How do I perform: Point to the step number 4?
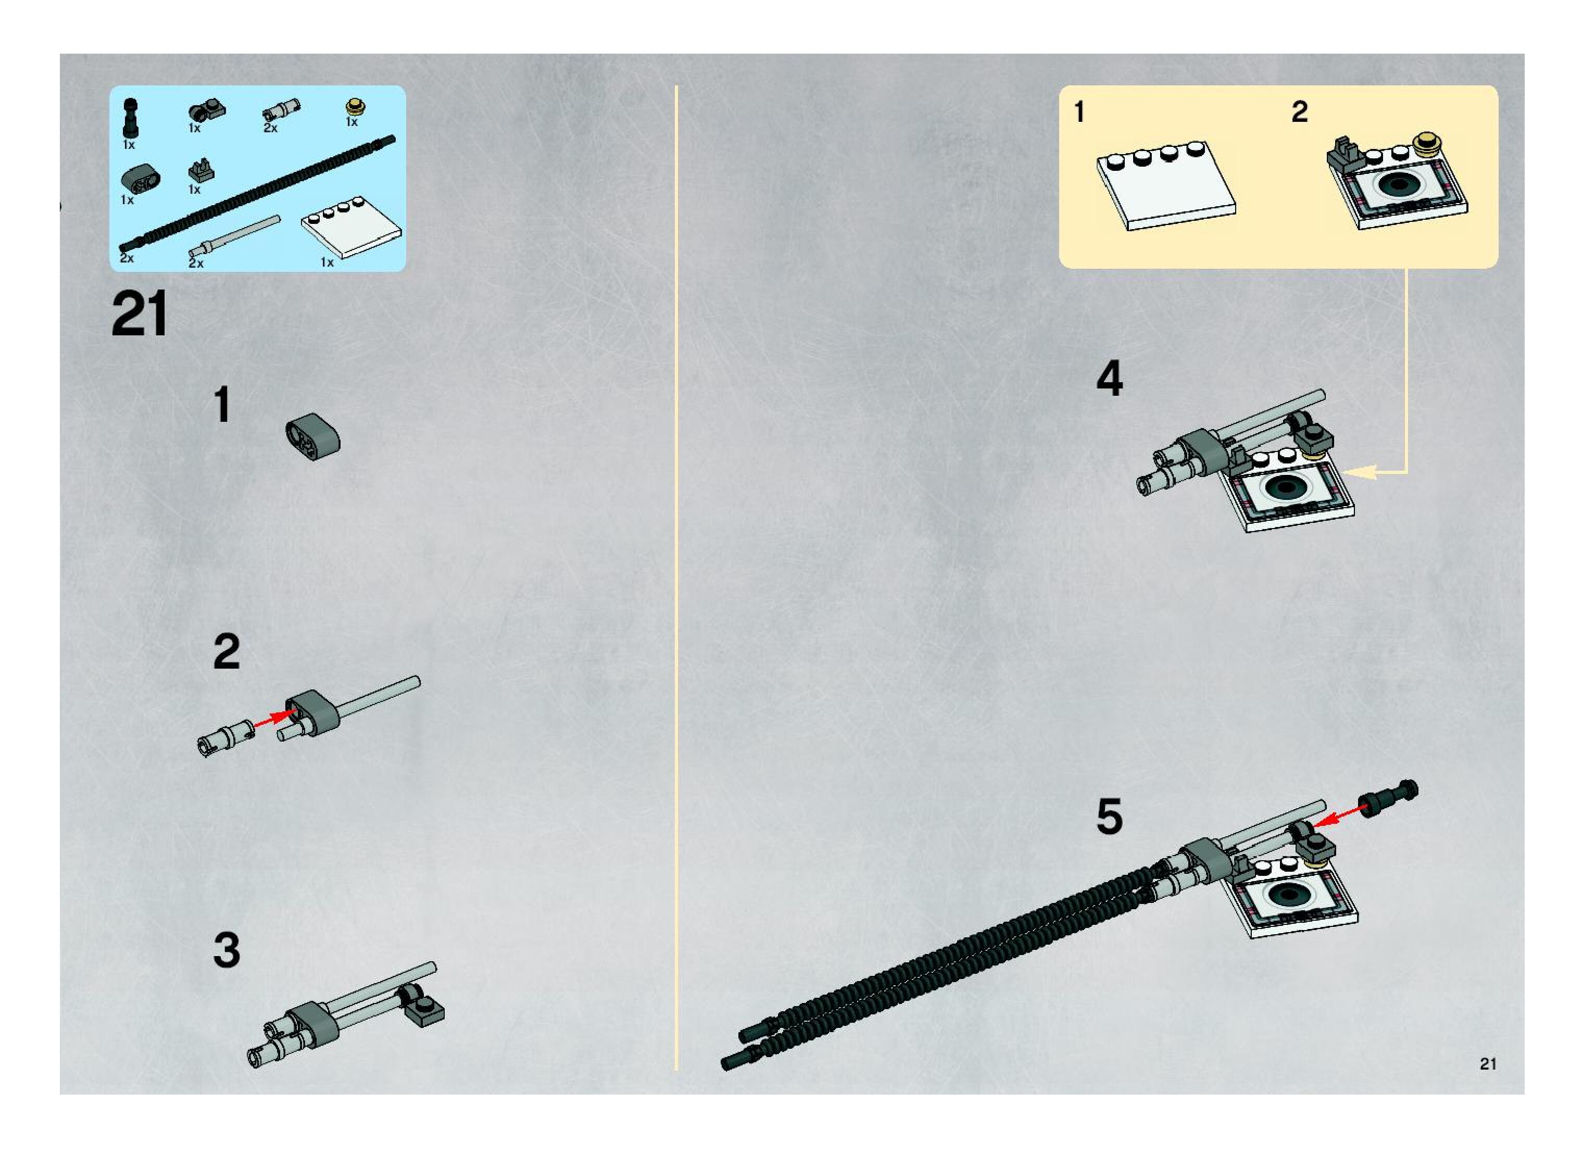(x=1109, y=379)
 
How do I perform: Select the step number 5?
(x=1109, y=816)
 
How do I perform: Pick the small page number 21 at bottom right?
(x=1488, y=1063)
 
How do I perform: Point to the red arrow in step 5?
(x=1340, y=815)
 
